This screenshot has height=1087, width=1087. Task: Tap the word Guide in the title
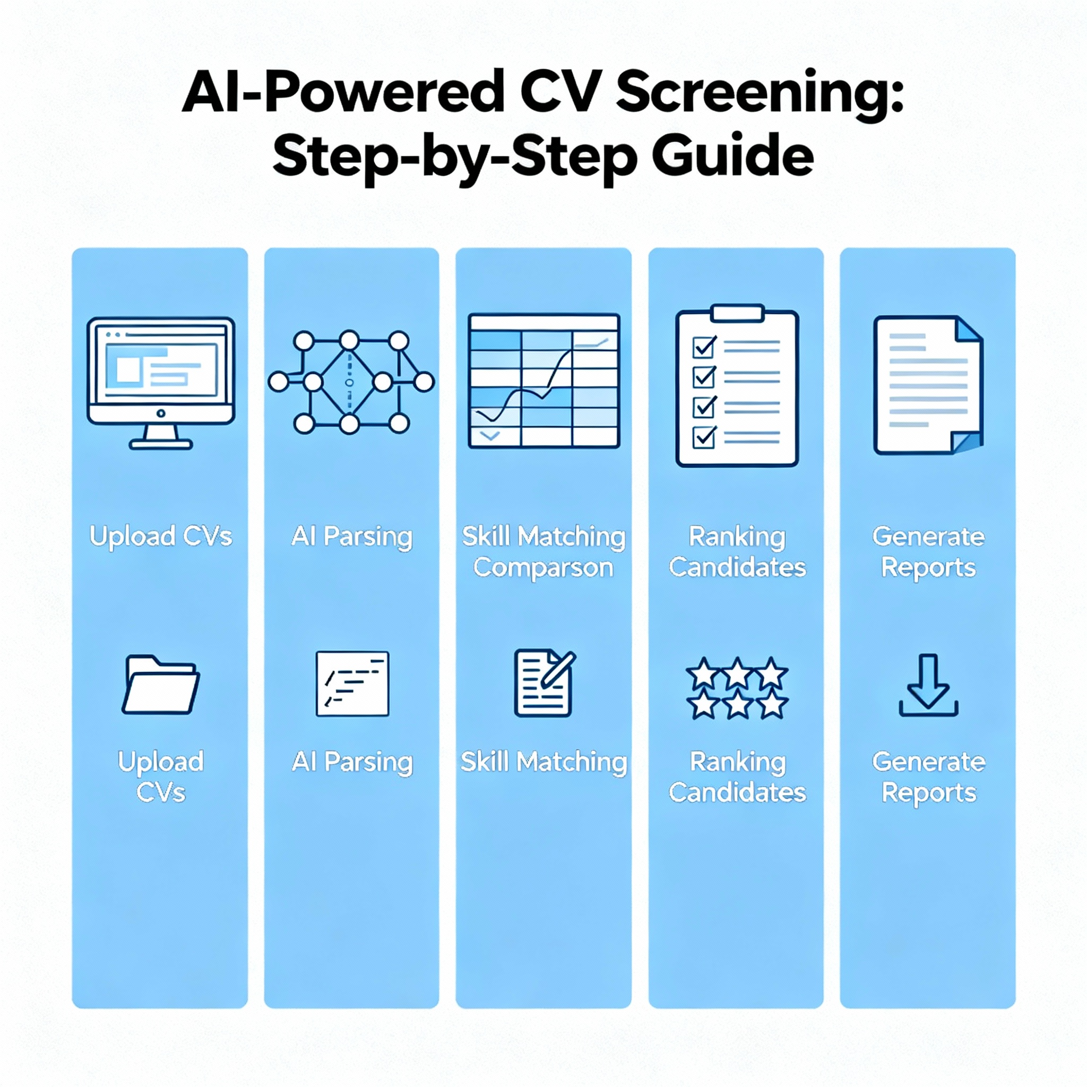click(x=732, y=157)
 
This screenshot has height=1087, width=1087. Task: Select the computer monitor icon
click(x=161, y=382)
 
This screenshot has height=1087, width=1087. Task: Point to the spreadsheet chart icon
click(x=543, y=381)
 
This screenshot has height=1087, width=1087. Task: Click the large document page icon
click(x=928, y=385)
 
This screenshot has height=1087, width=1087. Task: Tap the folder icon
click(x=161, y=685)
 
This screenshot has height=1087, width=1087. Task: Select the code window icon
click(x=352, y=684)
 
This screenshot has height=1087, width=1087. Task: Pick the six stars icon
click(x=737, y=687)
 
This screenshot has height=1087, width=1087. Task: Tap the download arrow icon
click(x=928, y=685)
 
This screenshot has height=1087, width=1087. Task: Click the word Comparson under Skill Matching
click(x=543, y=568)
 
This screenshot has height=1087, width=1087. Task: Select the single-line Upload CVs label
click(x=161, y=536)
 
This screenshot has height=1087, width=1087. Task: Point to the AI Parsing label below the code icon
click(x=352, y=762)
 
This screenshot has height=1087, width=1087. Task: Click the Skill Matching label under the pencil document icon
click(x=543, y=762)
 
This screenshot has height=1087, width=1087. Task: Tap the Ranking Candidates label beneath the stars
click(x=737, y=777)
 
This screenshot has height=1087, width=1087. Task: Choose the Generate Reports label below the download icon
click(x=928, y=777)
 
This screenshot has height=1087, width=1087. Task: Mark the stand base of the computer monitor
click(x=161, y=445)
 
